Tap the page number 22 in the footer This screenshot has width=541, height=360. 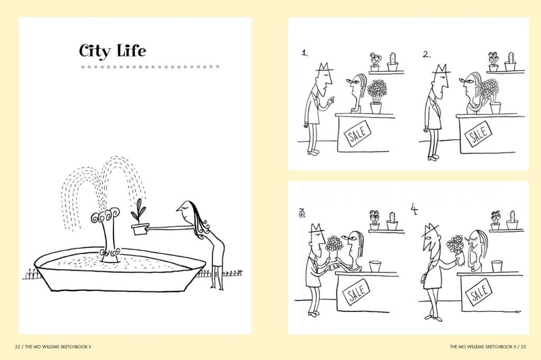coord(17,347)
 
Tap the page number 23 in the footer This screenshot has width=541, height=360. coord(524,347)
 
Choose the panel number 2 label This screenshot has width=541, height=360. coord(426,54)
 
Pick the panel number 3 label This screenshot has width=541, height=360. coord(302,214)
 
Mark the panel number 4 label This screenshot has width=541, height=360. coord(414,210)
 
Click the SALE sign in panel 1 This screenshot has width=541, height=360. coord(358,134)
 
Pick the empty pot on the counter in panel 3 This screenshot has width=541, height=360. coord(376,267)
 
